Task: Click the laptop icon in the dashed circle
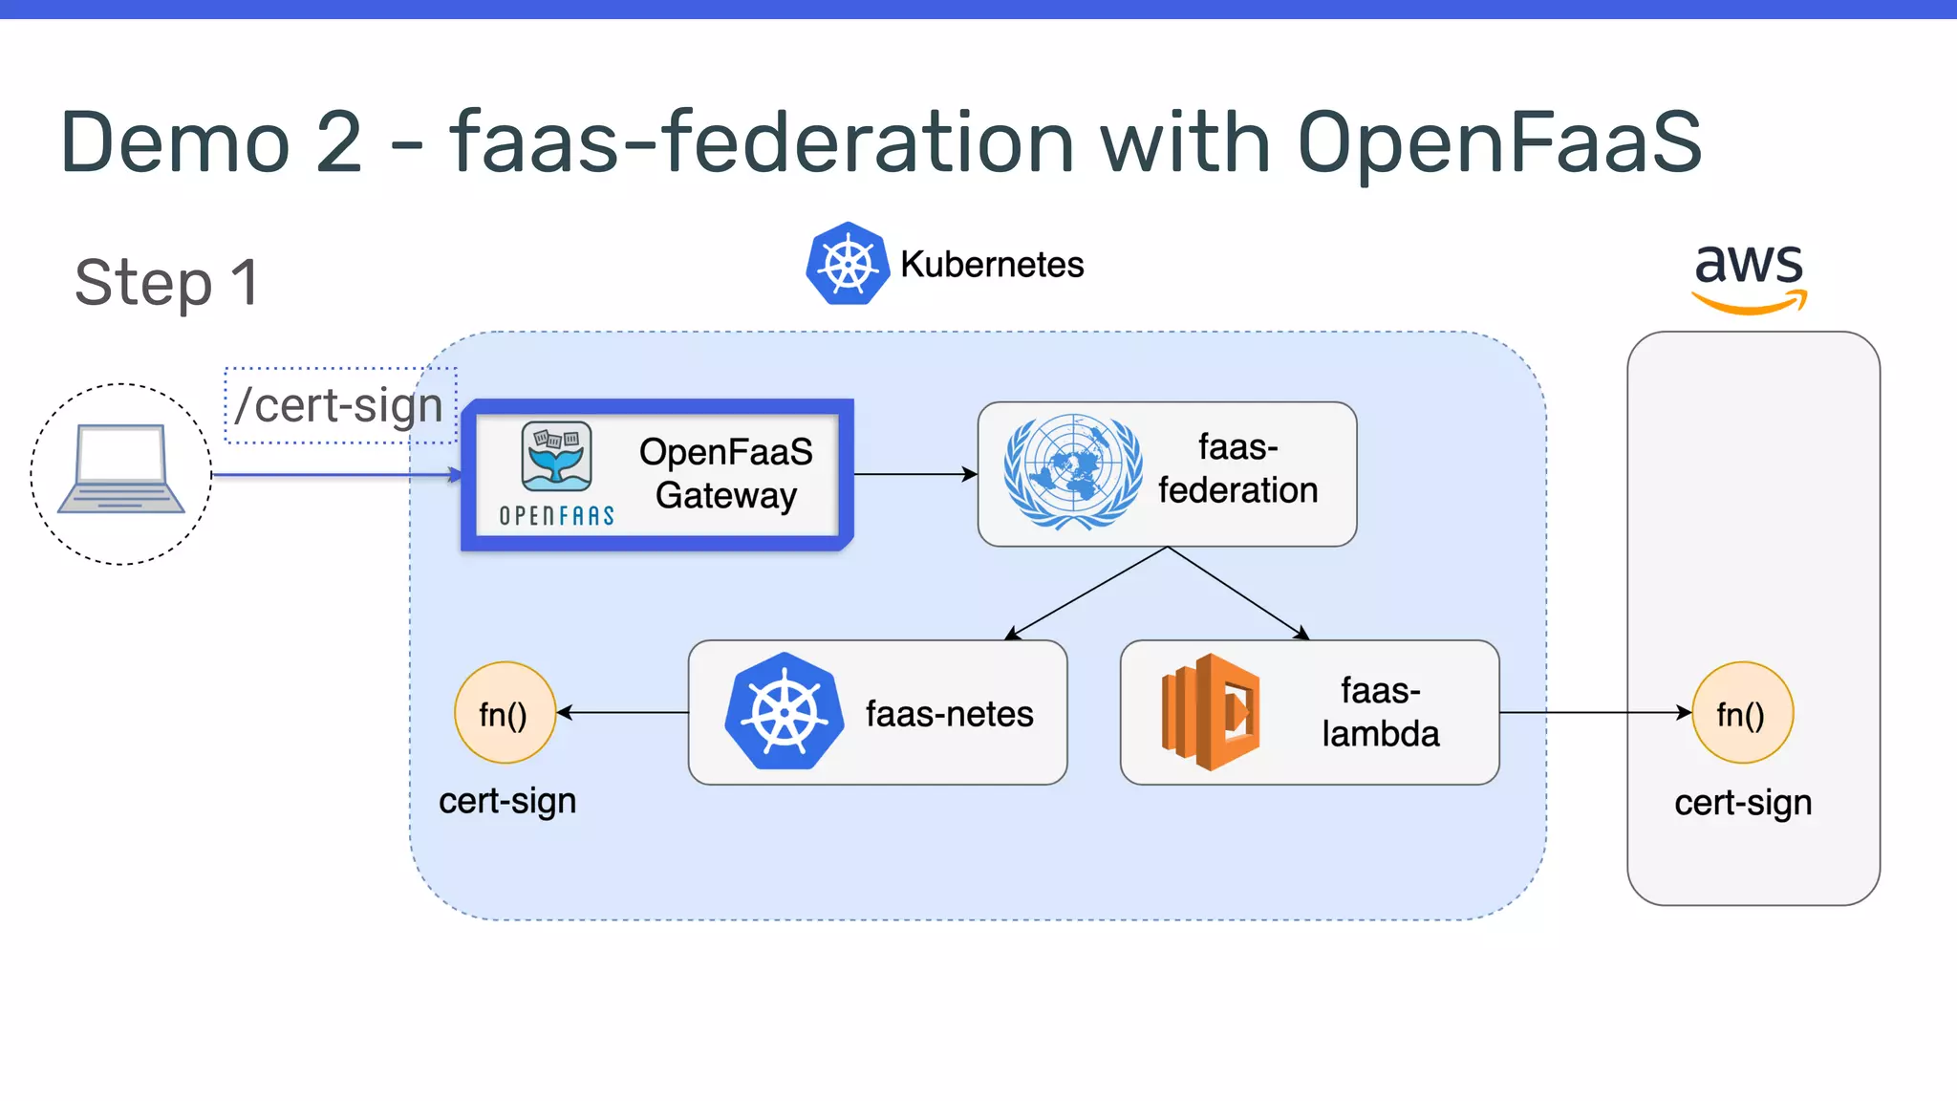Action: [x=121, y=470]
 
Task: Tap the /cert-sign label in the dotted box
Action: [x=339, y=405]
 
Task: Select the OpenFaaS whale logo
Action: [x=556, y=457]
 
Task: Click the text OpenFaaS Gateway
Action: [x=725, y=474]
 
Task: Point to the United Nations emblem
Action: [x=1072, y=472]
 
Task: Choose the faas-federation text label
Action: [x=1237, y=469]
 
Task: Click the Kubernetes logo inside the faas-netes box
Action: [x=784, y=712]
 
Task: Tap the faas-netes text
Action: [x=949, y=714]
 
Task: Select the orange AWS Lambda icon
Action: [x=1210, y=712]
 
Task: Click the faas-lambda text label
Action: [x=1380, y=712]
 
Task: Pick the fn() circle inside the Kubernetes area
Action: [x=505, y=713]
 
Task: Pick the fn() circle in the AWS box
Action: [x=1742, y=713]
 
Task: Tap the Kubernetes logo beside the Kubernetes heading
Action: [x=847, y=264]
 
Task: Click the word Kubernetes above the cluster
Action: [x=992, y=265]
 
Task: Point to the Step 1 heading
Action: [x=167, y=283]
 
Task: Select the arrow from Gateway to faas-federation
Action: [x=914, y=474]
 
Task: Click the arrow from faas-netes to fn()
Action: [x=622, y=712]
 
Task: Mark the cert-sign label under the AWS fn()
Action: [x=1742, y=803]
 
